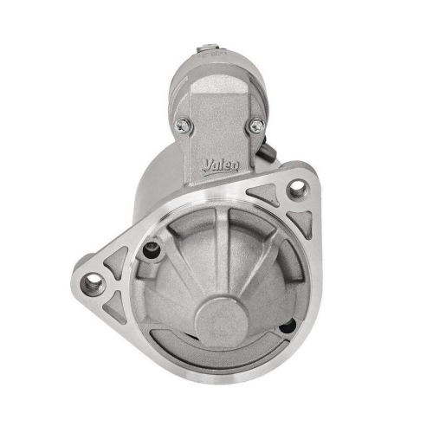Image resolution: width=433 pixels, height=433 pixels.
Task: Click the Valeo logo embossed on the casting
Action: click(222, 165)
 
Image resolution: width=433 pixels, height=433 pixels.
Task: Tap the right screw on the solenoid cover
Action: click(255, 126)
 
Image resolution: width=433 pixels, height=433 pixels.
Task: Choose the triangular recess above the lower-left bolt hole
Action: click(115, 259)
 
